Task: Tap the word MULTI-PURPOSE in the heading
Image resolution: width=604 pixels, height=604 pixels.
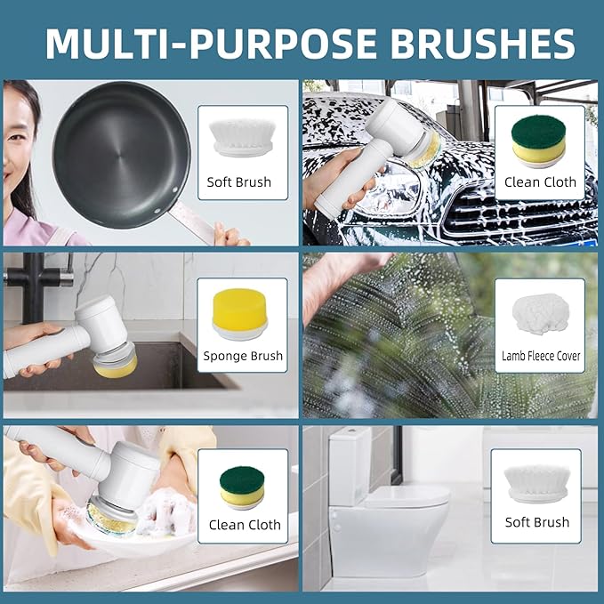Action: click(x=211, y=43)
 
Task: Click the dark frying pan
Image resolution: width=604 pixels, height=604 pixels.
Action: click(x=121, y=155)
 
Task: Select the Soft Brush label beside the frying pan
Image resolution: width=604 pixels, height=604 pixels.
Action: click(x=238, y=181)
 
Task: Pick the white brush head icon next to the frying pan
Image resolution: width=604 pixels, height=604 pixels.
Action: click(x=242, y=138)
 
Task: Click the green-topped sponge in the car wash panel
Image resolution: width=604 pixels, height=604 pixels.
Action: click(x=538, y=140)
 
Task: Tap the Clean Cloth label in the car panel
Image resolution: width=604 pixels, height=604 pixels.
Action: click(x=540, y=181)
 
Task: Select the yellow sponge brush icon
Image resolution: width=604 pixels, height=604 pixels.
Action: click(x=239, y=314)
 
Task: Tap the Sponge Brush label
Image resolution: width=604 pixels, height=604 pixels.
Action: click(x=243, y=356)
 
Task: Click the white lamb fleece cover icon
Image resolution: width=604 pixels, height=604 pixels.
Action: click(x=541, y=314)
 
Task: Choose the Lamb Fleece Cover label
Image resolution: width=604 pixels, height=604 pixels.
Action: click(x=541, y=356)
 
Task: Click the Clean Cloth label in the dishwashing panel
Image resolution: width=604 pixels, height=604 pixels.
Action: click(x=245, y=525)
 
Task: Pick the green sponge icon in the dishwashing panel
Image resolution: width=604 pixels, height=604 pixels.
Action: click(x=242, y=487)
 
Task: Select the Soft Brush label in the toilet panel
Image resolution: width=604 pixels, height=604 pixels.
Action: click(x=537, y=522)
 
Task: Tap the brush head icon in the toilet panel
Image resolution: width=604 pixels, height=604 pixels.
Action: click(x=536, y=483)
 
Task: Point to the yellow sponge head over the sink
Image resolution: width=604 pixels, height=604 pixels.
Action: click(x=116, y=367)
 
